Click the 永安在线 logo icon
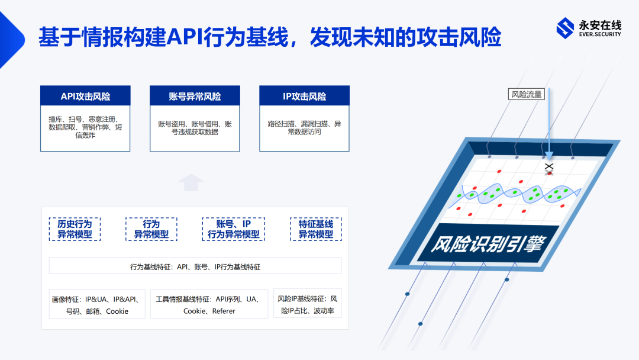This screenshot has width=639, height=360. [x=565, y=28]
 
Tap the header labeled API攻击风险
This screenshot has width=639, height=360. [x=85, y=97]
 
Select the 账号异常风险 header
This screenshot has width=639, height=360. [x=195, y=97]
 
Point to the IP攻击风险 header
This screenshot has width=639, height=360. [x=305, y=97]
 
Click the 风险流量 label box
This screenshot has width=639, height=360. [x=527, y=94]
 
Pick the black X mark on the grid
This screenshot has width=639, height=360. [x=549, y=166]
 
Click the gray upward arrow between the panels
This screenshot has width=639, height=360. [x=191, y=182]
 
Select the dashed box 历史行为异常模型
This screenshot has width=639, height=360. [x=75, y=229]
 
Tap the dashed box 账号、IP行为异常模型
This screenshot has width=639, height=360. [x=234, y=229]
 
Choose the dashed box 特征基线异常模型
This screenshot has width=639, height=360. [x=316, y=229]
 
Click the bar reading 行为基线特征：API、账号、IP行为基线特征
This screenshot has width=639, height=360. [x=195, y=266]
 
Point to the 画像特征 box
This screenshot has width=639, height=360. [x=97, y=304]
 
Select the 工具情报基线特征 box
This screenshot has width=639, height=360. [x=209, y=304]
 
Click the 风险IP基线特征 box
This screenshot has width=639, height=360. [x=307, y=304]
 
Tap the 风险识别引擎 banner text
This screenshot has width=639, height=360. [x=488, y=244]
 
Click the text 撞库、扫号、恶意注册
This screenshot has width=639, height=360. [x=83, y=119]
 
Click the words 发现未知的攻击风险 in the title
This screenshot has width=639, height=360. [x=405, y=37]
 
